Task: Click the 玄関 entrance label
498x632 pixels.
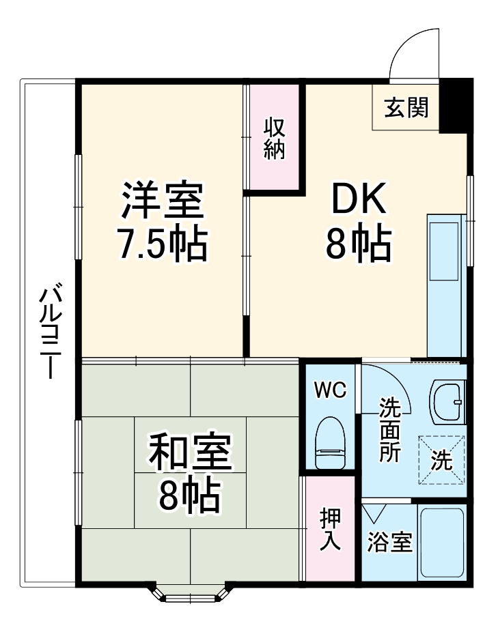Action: click(x=406, y=108)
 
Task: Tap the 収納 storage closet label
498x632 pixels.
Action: click(x=274, y=139)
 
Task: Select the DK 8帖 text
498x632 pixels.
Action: click(x=358, y=222)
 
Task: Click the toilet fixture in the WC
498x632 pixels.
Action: click(x=331, y=443)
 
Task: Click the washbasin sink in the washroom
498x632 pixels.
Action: click(x=447, y=402)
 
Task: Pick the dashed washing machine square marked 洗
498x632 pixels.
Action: click(x=441, y=459)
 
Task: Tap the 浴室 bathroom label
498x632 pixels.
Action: click(x=389, y=543)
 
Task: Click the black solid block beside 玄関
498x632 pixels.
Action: click(x=454, y=106)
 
